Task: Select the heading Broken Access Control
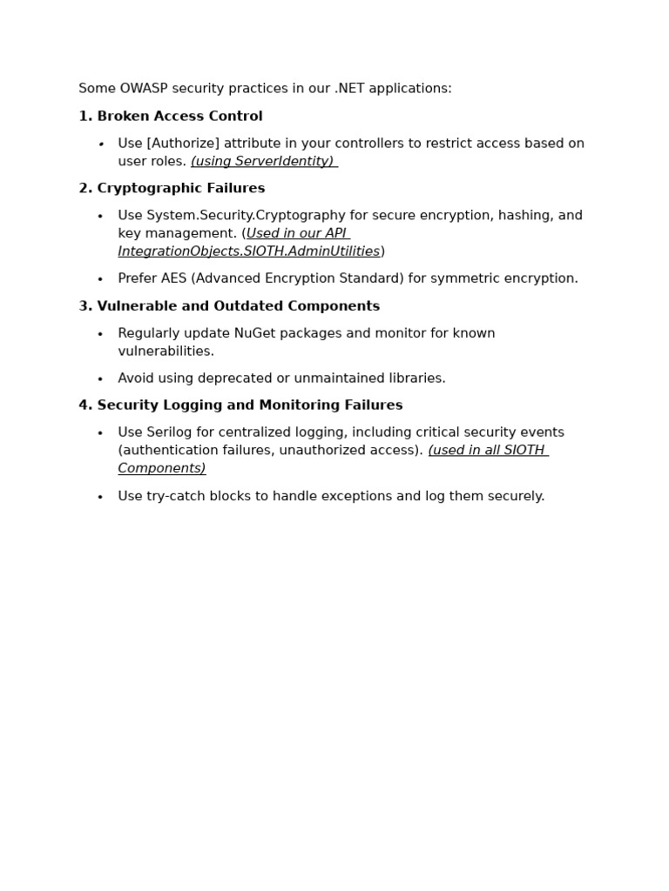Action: point(179,117)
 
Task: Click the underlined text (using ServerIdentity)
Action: point(262,162)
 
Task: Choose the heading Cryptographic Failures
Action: point(180,189)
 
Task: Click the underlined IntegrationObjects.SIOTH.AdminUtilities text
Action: point(248,251)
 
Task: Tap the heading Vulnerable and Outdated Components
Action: point(238,306)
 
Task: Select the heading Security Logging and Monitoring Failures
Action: point(249,405)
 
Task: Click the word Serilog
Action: point(172,432)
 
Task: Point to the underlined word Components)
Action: point(162,469)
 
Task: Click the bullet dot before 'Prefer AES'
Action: point(100,279)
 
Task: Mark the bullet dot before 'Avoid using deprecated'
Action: point(100,379)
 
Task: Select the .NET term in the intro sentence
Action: point(350,89)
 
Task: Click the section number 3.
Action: point(84,306)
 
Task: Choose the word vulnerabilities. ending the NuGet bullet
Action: point(166,352)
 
